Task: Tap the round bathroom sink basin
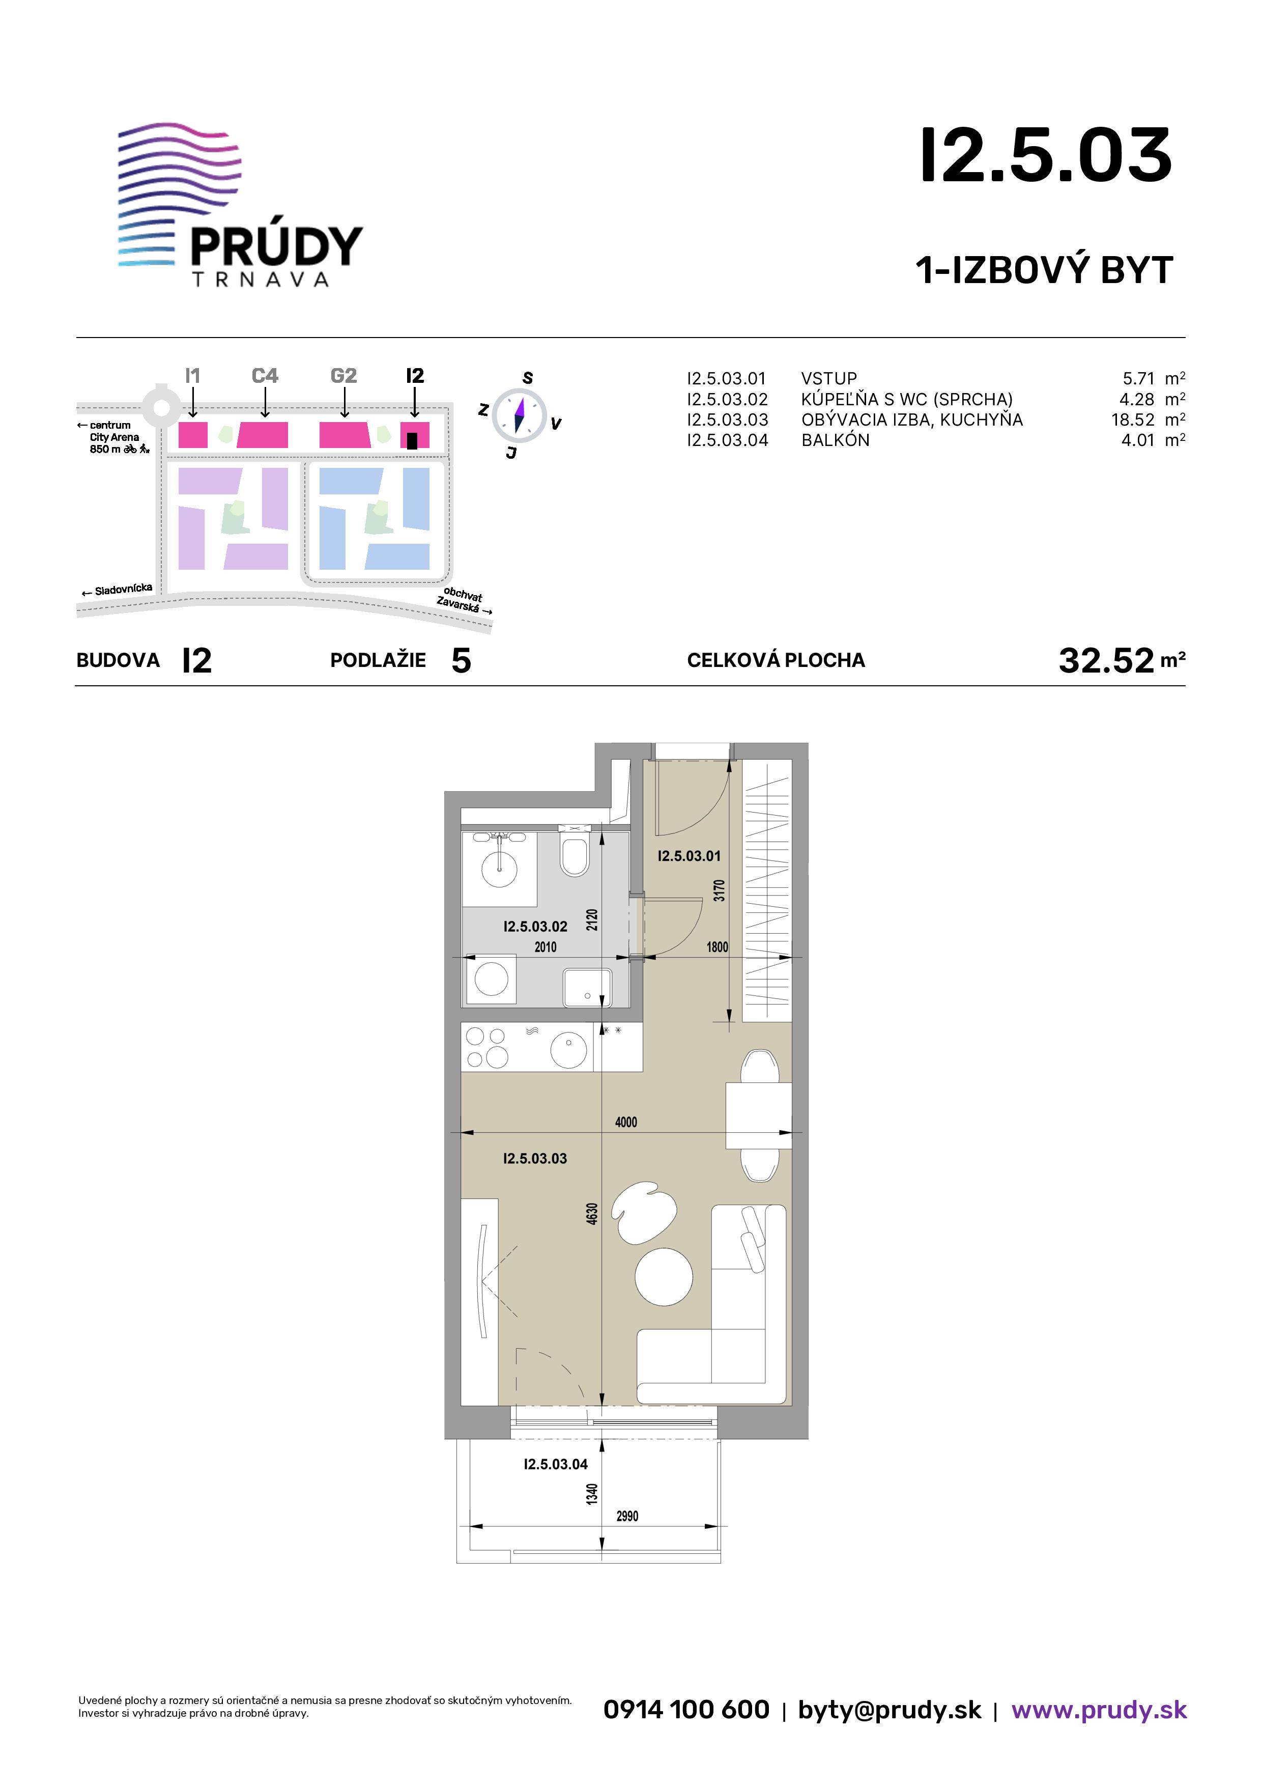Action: (499, 868)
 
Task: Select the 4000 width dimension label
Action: (626, 1122)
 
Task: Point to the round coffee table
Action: (663, 1276)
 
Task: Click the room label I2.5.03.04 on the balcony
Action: (555, 1464)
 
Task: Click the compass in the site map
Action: (520, 412)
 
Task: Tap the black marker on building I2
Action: (412, 440)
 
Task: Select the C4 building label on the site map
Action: (265, 376)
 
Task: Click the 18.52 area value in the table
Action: (1133, 420)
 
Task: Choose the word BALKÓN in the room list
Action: (835, 439)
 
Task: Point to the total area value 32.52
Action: (1106, 660)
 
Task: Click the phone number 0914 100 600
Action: (686, 1709)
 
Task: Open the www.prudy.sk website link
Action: (1099, 1710)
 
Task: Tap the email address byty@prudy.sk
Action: (890, 1710)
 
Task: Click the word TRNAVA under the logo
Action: (260, 280)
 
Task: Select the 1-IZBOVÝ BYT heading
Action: (1044, 270)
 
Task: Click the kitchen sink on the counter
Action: (568, 1049)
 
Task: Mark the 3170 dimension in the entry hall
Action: (719, 890)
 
